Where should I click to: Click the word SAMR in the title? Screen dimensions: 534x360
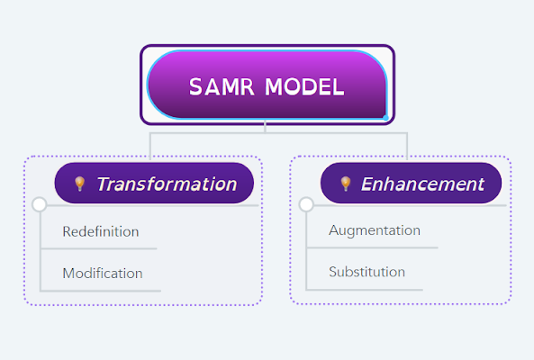pos(222,86)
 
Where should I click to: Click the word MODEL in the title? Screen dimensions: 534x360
pos(304,86)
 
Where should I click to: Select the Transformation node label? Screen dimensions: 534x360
pos(167,184)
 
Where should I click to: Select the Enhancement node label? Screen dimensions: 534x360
pos(422,184)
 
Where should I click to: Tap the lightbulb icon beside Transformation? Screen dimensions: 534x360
pos(79,184)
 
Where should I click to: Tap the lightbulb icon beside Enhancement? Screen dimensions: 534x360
pos(345,184)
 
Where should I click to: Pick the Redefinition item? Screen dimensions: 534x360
pos(101,231)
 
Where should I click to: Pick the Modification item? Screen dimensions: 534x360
pos(103,274)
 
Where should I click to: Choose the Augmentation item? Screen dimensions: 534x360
pos(375,230)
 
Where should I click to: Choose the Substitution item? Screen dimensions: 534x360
pos(367,272)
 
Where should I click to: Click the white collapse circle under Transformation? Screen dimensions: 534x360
pos(39,204)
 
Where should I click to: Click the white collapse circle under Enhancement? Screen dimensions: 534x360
pos(306,204)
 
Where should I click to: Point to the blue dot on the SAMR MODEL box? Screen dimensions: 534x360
pos(385,118)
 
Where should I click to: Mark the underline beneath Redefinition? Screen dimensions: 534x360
pos(98,248)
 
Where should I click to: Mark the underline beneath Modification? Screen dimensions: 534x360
pos(101,291)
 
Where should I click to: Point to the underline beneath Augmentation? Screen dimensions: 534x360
pos(372,247)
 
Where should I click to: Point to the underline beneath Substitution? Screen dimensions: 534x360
pos(365,290)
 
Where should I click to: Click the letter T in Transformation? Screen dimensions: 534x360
pos(104,184)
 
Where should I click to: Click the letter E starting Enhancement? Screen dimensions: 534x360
pos(367,184)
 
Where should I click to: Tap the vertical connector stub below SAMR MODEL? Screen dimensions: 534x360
pos(265,127)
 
